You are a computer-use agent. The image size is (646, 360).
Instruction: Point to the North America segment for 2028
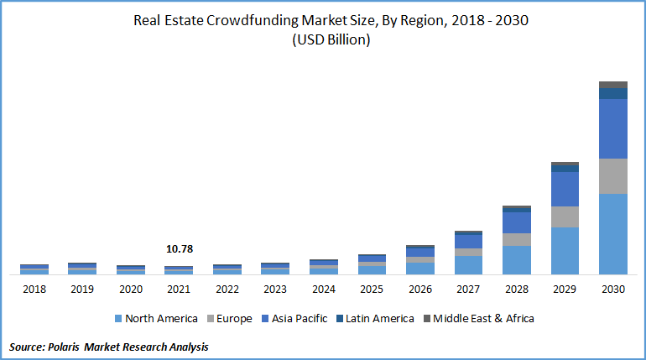point(517,259)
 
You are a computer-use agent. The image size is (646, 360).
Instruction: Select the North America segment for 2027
point(468,264)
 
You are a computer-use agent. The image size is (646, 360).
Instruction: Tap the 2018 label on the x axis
point(34,289)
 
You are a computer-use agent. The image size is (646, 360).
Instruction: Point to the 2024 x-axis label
point(324,289)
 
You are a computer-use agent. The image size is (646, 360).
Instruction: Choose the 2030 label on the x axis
point(613,289)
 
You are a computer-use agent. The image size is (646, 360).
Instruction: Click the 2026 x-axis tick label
point(420,289)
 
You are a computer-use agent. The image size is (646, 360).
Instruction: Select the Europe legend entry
point(235,319)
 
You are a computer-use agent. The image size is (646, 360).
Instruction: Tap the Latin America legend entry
point(379,319)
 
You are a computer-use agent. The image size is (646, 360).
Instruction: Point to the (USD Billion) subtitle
point(331,39)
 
